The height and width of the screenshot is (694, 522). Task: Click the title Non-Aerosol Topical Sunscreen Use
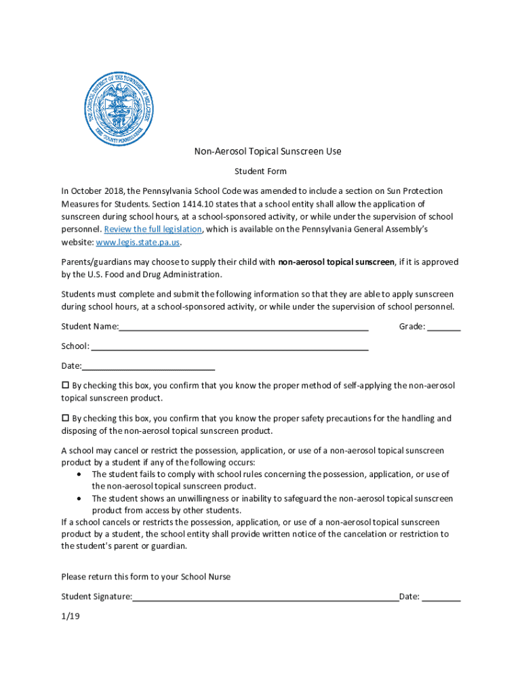point(268,151)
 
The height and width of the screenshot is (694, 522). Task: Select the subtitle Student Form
point(260,171)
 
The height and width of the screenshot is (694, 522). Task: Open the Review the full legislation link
point(153,229)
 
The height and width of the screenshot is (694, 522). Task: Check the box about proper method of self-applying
point(66,385)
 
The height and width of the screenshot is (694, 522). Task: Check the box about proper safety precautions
point(66,418)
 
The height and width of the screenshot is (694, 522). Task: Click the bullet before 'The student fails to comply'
point(81,474)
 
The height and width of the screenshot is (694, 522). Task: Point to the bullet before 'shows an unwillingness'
point(81,499)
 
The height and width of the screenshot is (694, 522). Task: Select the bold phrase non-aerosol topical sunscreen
point(336,262)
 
